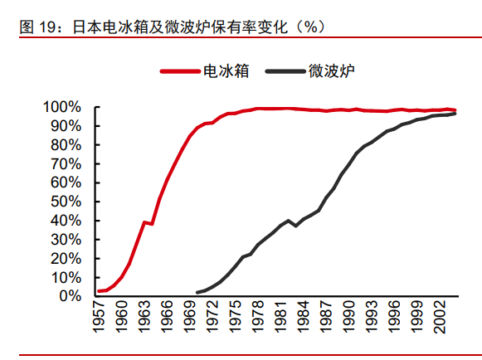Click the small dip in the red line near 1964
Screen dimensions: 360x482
pos(152,223)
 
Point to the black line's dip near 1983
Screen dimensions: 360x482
pos(296,226)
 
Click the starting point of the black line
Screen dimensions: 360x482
pos(197,293)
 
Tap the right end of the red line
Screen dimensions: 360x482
pos(455,110)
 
